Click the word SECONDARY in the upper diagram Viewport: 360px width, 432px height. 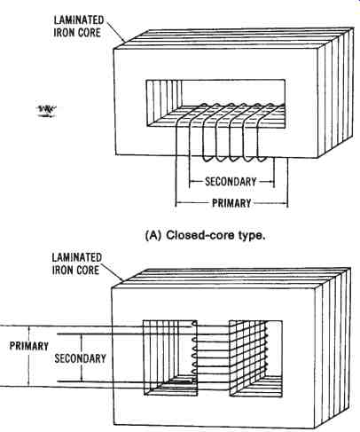(231, 181)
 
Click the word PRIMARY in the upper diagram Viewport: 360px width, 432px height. (231, 203)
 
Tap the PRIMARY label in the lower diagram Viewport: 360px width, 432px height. (29, 346)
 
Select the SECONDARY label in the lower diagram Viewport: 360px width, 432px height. (81, 358)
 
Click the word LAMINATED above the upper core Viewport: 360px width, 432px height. (79, 20)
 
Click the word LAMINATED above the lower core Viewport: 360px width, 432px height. (77, 257)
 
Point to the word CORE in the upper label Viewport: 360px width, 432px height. (89, 33)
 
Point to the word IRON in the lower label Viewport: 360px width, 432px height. (62, 270)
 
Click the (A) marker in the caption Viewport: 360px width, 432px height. (153, 236)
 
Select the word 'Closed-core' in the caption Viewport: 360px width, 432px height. (200, 236)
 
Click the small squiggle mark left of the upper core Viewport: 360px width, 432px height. (47, 111)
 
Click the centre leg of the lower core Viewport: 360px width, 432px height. (214, 358)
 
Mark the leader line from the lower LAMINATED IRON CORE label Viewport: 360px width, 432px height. (113, 270)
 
